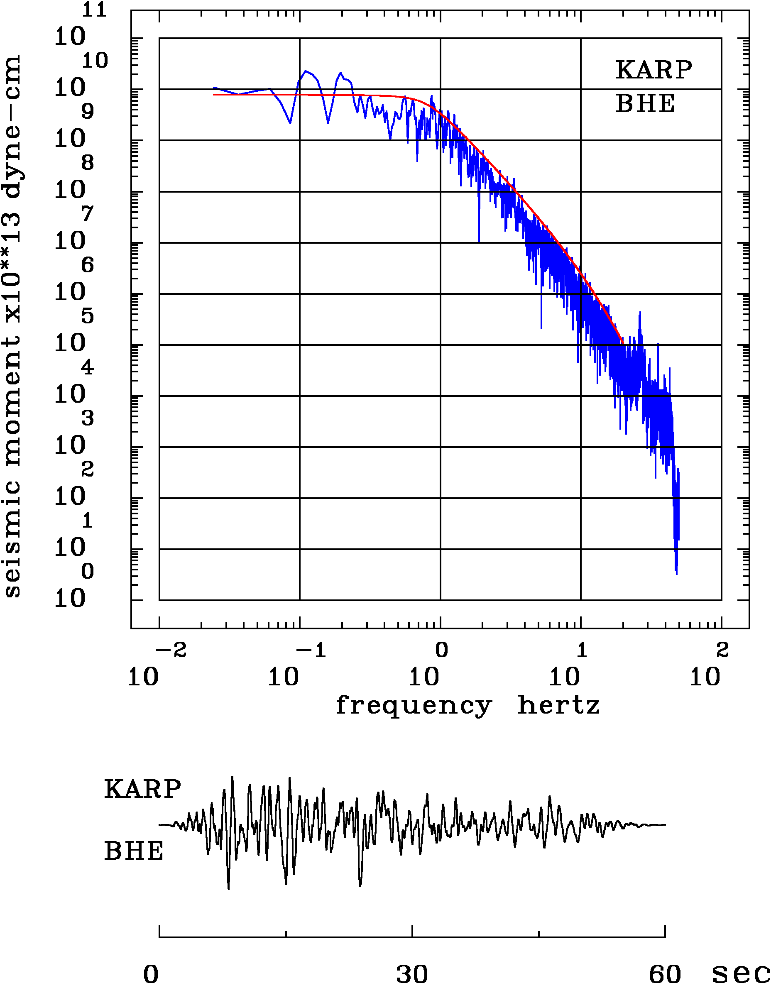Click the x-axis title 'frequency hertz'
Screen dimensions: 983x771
[467, 705]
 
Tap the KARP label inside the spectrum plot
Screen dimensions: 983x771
[654, 70]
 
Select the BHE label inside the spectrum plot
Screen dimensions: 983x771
[646, 103]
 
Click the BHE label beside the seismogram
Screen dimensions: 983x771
[134, 851]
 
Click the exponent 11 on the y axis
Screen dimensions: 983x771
[94, 10]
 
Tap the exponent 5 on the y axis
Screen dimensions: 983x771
[88, 316]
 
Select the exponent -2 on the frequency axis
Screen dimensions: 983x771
[171, 650]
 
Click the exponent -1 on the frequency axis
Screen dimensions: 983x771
[311, 650]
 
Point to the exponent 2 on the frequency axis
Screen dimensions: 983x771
[722, 650]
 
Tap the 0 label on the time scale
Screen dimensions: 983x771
[151, 973]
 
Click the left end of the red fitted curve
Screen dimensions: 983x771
[213, 95]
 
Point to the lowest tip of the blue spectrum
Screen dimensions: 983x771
[676, 574]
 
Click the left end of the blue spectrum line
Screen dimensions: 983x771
[213, 88]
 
